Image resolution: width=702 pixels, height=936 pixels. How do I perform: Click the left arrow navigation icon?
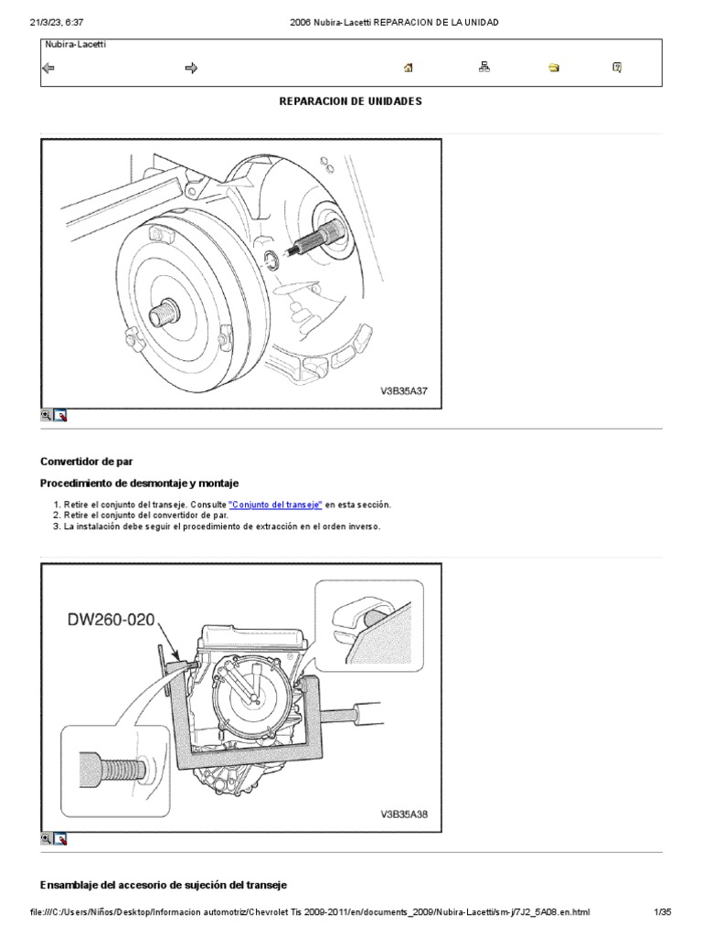point(48,68)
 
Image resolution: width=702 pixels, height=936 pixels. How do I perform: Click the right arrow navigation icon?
point(191,68)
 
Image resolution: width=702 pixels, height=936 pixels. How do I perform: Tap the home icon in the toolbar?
point(409,68)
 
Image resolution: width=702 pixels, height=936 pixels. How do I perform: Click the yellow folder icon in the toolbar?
point(554,68)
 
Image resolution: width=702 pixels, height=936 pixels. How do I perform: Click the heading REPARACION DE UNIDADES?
point(350,101)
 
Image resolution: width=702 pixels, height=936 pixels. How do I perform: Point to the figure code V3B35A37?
point(404,390)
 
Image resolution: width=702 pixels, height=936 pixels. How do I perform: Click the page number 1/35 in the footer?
point(662,911)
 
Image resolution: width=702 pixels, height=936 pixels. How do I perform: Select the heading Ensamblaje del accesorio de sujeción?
point(165,886)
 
